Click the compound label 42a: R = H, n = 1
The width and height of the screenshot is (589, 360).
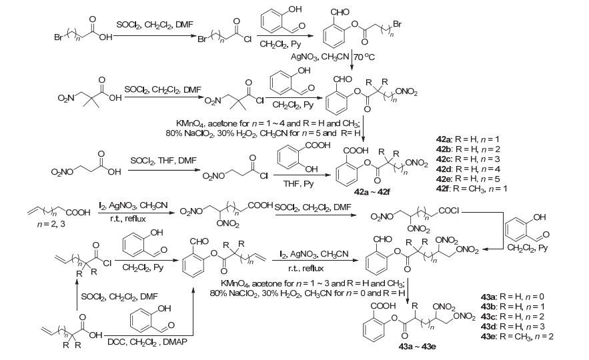click(468, 139)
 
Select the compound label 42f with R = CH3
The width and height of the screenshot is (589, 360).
click(472, 189)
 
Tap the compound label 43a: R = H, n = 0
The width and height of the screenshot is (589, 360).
click(512, 297)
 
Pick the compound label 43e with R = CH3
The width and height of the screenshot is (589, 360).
click(517, 337)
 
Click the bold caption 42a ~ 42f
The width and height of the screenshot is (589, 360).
click(372, 192)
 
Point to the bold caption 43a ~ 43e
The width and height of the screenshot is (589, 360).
click(417, 346)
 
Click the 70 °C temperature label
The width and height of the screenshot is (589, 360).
click(364, 57)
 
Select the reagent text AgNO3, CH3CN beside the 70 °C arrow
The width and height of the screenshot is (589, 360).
click(320, 57)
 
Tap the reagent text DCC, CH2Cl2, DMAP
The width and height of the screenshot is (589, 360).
click(147, 342)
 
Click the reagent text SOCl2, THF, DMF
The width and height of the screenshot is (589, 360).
click(163, 161)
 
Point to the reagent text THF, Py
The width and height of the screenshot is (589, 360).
click(298, 184)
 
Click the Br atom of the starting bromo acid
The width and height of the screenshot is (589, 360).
click(59, 37)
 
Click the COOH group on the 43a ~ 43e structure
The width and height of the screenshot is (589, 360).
click(383, 306)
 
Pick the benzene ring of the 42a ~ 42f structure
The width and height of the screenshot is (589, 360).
click(348, 173)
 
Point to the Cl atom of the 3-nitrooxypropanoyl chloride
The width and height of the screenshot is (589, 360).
click(263, 176)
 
